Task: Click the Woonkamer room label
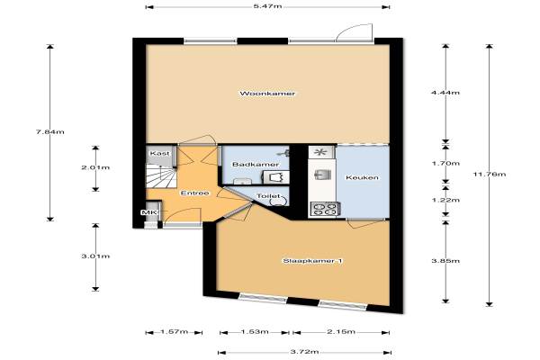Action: click(267, 94)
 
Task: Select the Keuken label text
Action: click(362, 177)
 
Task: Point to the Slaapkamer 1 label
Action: click(312, 261)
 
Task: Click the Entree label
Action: click(195, 193)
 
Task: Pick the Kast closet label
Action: click(160, 153)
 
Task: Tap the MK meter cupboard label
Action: click(148, 212)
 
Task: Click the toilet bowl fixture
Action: click(278, 201)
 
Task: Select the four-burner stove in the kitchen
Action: click(324, 209)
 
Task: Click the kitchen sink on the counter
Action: click(323, 175)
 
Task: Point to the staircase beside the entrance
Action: click(161, 176)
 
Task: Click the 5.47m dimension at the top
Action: click(267, 6)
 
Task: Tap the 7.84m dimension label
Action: click(50, 131)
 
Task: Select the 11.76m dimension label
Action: click(490, 174)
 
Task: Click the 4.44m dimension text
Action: click(445, 93)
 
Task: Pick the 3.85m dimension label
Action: click(445, 260)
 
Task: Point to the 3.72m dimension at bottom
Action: click(304, 352)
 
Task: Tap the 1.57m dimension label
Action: click(174, 331)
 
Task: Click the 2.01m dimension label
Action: click(95, 167)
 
